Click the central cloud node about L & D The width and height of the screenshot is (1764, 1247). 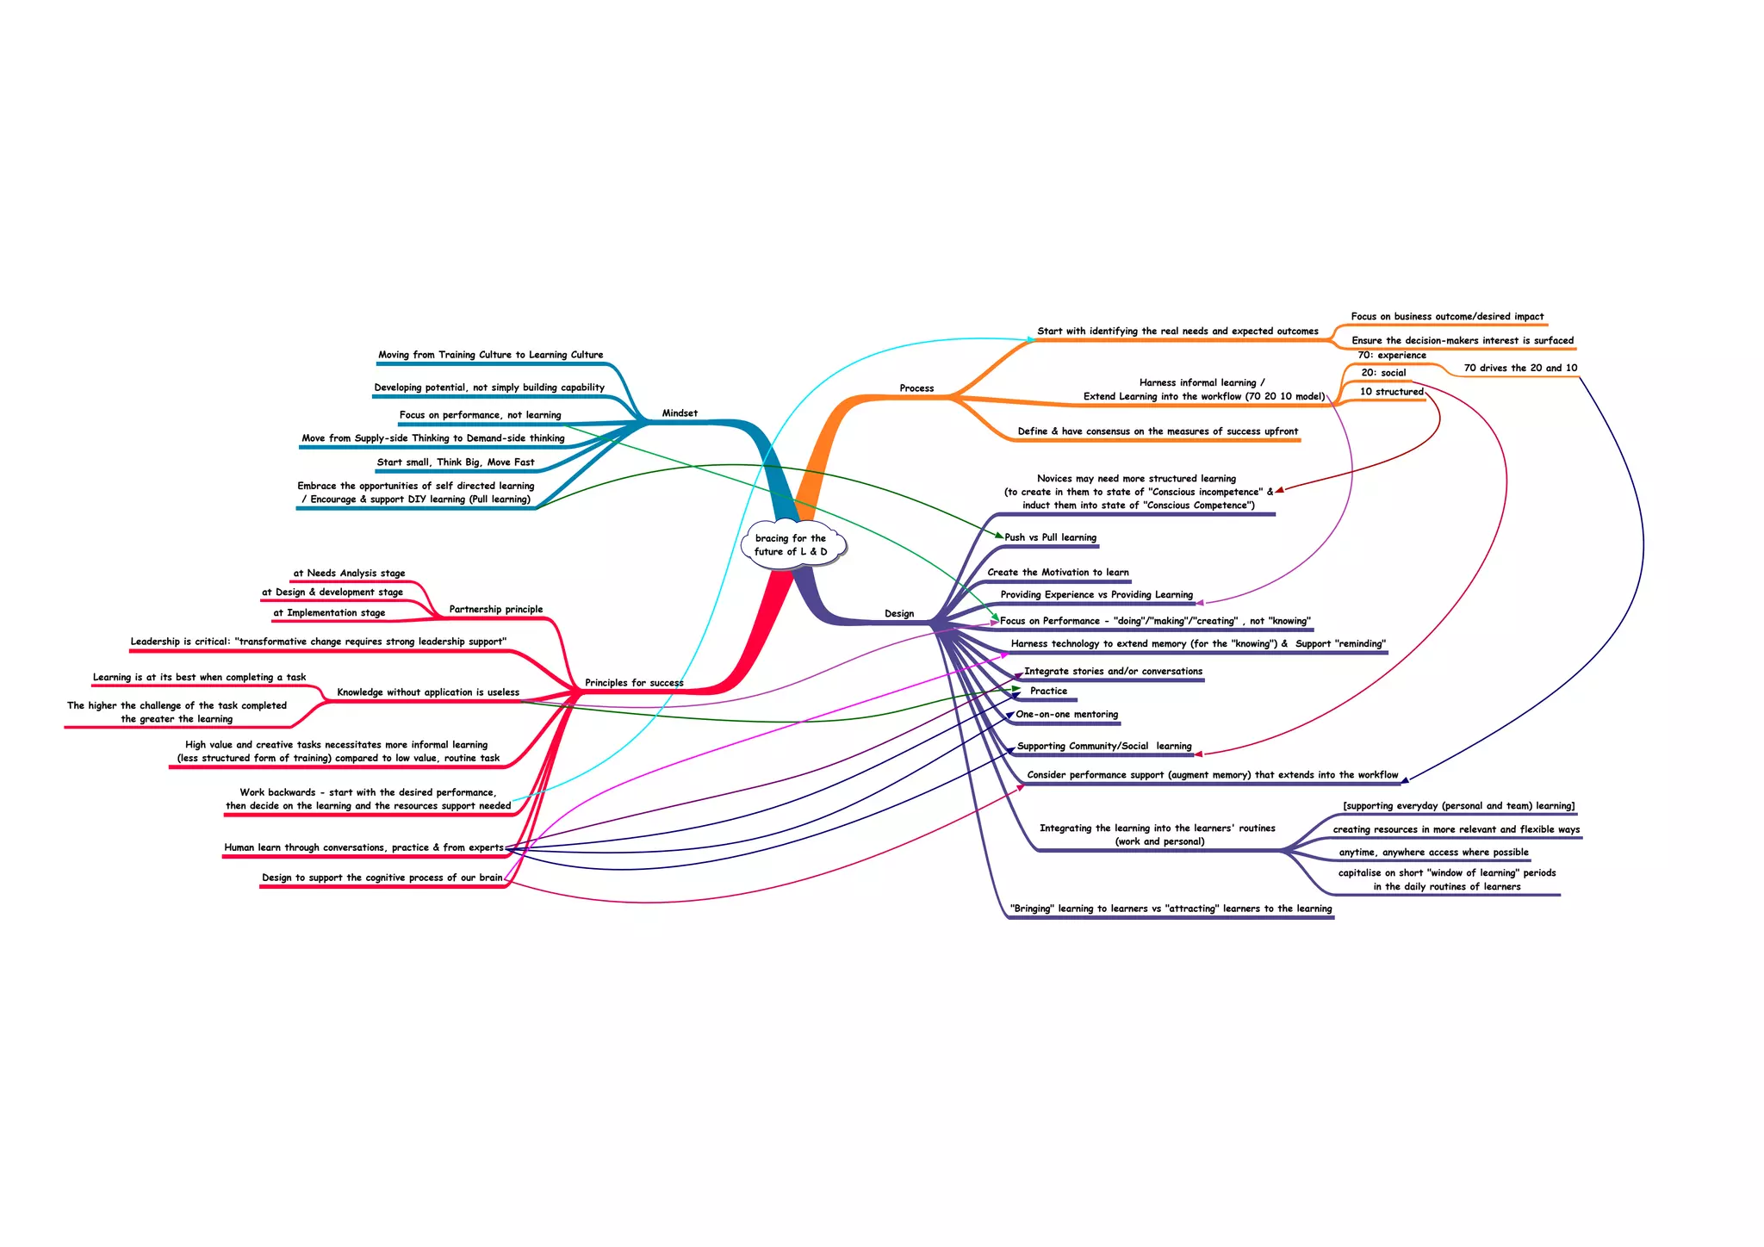coord(791,544)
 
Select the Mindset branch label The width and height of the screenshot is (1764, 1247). coord(680,413)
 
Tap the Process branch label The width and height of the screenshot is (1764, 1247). coord(916,388)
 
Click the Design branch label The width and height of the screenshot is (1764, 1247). coord(899,614)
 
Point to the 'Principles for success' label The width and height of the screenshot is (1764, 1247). coord(634,683)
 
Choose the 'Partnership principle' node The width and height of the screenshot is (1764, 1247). coord(496,610)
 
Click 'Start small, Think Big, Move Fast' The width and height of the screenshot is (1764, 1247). coord(456,462)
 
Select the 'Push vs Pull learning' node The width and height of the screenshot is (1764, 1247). coord(1050,537)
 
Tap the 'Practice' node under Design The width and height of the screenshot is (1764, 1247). coord(1048,691)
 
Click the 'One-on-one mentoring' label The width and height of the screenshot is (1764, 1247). coord(1066,714)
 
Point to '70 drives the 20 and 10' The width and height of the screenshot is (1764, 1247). coord(1520,368)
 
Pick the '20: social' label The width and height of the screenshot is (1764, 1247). coord(1383,373)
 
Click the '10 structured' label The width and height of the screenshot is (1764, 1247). coord(1391,392)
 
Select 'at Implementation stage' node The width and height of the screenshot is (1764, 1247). coord(329,613)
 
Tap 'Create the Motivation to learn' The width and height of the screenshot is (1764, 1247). coord(1058,572)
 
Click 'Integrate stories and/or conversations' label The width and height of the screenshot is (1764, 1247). coord(1113,671)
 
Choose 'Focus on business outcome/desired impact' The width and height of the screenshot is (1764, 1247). coord(1447,317)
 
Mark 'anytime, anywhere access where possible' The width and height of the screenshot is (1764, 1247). coord(1433,853)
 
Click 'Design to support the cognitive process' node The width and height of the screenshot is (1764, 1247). coord(382,878)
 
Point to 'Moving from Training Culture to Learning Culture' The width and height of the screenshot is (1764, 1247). coord(490,355)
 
